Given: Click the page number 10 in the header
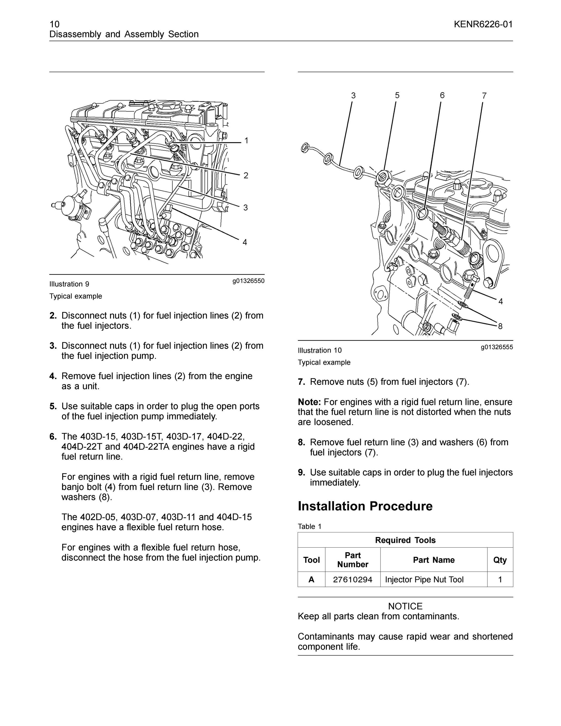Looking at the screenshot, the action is tap(54, 24).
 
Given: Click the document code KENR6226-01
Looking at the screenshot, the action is tap(483, 24).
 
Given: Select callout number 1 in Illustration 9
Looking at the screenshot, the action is tap(246, 141).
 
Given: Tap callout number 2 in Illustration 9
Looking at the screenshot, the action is tap(246, 175).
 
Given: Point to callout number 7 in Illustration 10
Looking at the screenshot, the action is tap(484, 96).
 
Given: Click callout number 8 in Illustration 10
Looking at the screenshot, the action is tap(500, 326).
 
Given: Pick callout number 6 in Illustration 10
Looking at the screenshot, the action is tap(442, 95).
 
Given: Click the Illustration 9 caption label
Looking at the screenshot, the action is tap(69, 284).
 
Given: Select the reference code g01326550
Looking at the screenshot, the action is tap(248, 281).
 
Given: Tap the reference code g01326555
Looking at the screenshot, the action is tap(497, 347).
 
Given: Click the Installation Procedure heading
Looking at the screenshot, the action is tap(365, 506).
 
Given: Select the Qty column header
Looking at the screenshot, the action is tap(500, 560).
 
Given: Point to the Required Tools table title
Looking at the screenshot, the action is tap(405, 540).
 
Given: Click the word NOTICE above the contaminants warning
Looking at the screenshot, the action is tap(405, 606).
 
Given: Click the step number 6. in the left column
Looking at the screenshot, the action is tap(53, 437).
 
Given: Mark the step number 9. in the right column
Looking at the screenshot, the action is tap(302, 472).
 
